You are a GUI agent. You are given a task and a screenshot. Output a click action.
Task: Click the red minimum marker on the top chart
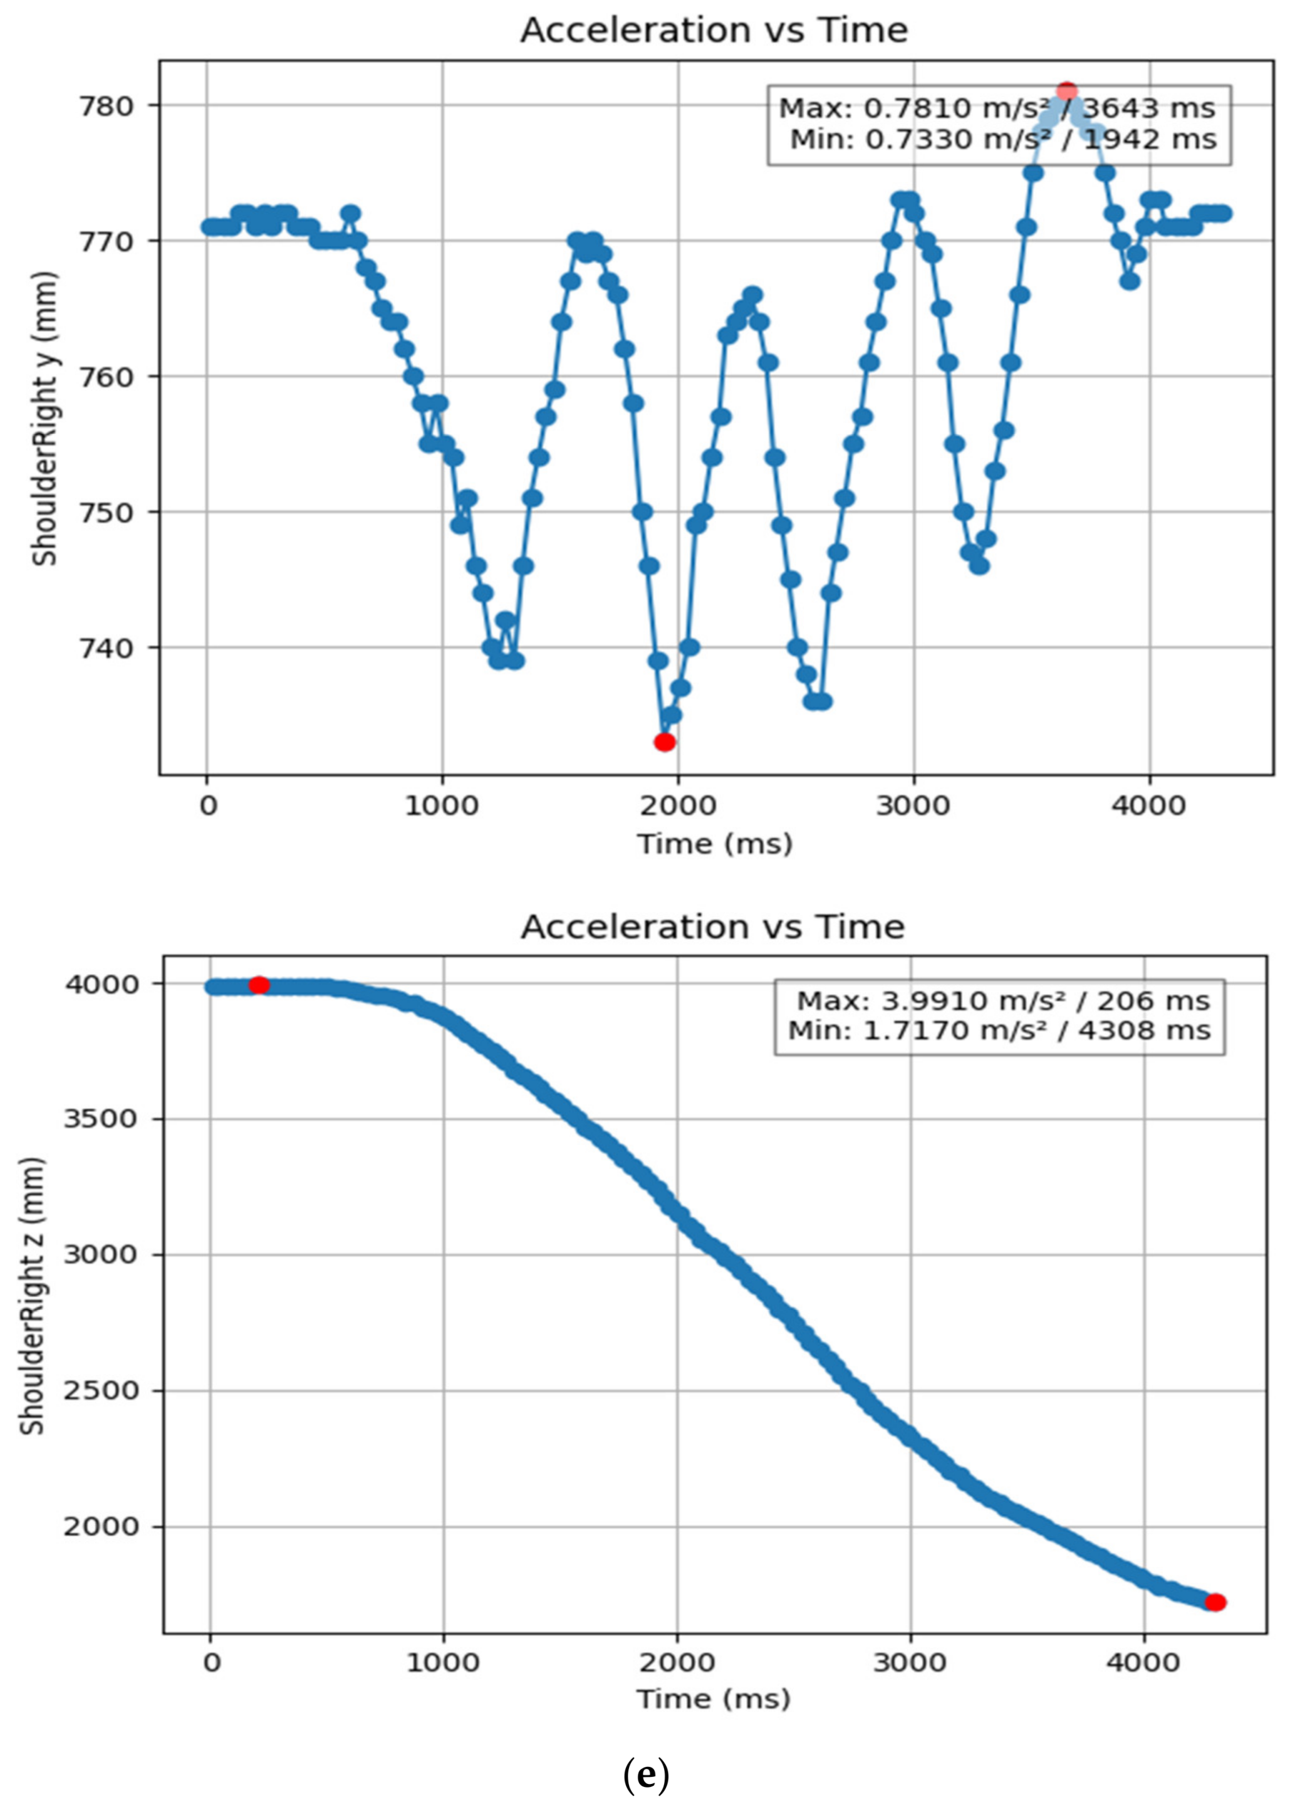[x=665, y=742]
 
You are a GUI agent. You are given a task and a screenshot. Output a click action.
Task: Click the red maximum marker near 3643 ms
[x=1067, y=91]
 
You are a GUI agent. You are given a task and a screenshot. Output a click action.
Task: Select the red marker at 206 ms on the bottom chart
[x=259, y=985]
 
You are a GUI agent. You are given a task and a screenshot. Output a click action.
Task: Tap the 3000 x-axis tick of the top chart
[x=913, y=805]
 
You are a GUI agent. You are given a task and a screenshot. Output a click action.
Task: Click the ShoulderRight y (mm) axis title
[x=44, y=419]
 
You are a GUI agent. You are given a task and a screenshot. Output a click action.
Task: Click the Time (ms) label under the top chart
[x=715, y=844]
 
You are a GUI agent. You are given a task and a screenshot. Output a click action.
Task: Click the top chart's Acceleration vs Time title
[x=714, y=30]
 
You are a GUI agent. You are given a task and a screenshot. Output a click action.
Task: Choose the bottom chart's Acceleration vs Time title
[x=712, y=926]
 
